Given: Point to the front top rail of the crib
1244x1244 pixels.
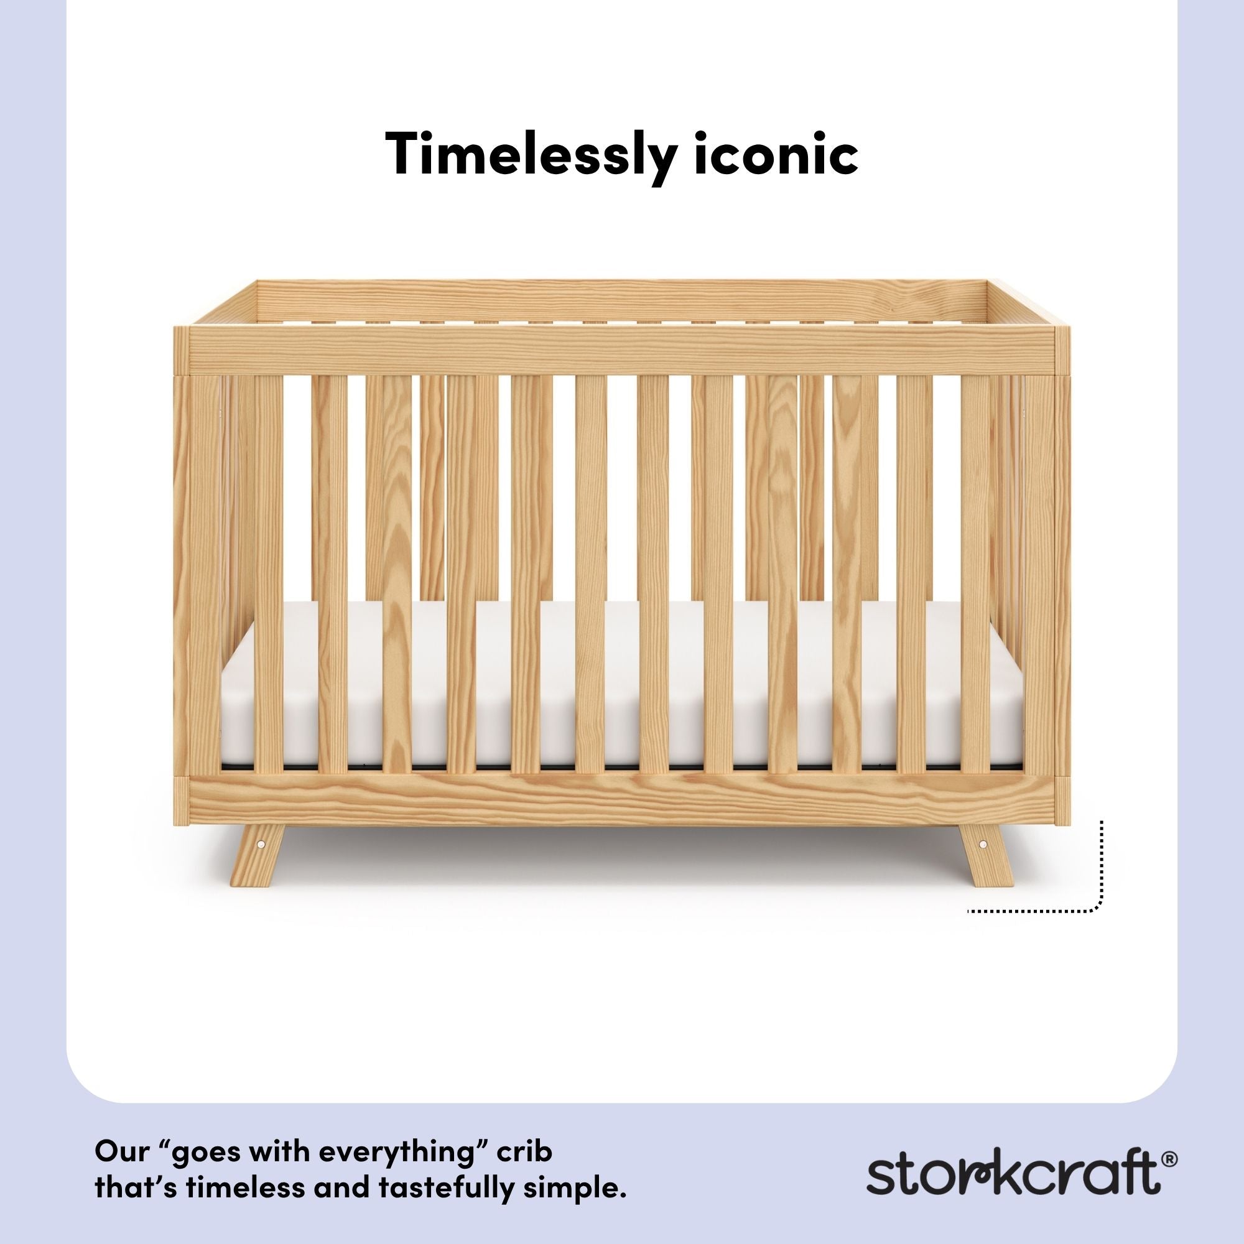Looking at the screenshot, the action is click(621, 350).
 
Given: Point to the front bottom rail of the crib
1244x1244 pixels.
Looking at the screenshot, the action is click(621, 801).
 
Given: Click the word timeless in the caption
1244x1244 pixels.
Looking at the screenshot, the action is click(248, 1171).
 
